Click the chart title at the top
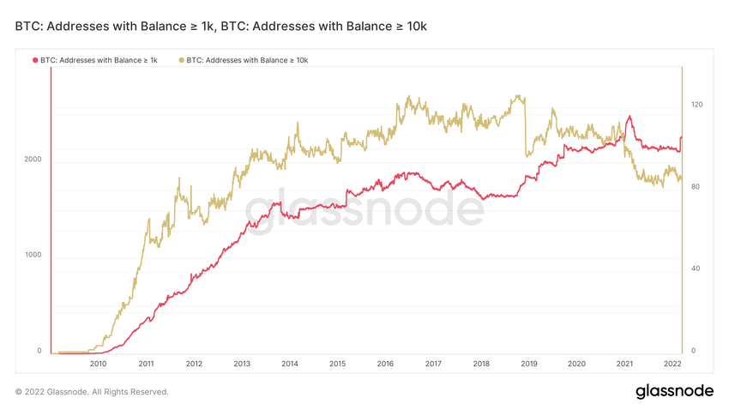point(220,27)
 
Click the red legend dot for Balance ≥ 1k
point(35,60)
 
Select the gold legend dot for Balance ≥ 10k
point(181,60)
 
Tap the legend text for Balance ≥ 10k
point(247,60)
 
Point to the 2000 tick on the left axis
point(33,160)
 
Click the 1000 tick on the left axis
point(33,256)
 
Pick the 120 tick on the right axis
point(696,105)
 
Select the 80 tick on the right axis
point(696,187)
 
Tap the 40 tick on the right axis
point(696,268)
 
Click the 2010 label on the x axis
point(98,364)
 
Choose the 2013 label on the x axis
point(242,364)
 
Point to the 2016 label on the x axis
point(385,364)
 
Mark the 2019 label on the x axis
point(529,364)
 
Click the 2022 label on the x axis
point(673,364)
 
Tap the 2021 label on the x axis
point(625,364)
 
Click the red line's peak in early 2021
point(630,117)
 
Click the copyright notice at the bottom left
point(92,392)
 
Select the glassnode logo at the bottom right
point(674,391)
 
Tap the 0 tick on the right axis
point(694,351)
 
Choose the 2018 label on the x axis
point(481,364)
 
